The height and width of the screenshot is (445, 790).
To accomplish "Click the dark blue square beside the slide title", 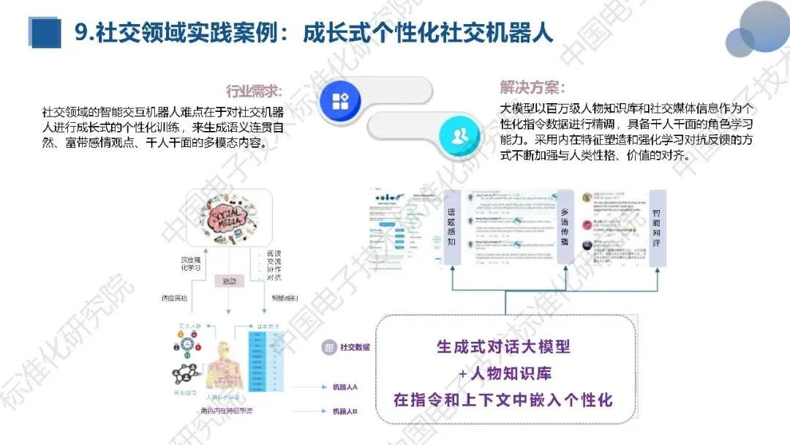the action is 45,33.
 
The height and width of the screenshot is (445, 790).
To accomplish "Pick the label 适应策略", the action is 175,298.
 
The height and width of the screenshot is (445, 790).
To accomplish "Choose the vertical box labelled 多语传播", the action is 564,228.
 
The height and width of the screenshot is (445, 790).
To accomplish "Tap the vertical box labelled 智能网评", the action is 657,228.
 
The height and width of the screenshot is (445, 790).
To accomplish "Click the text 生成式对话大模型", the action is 503,346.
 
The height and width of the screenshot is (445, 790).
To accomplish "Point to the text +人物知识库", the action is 505,373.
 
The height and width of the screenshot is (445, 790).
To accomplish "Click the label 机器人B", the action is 345,411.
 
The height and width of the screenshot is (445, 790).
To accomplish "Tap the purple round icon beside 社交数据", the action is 328,347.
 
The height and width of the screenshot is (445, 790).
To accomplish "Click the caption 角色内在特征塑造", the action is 227,411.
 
